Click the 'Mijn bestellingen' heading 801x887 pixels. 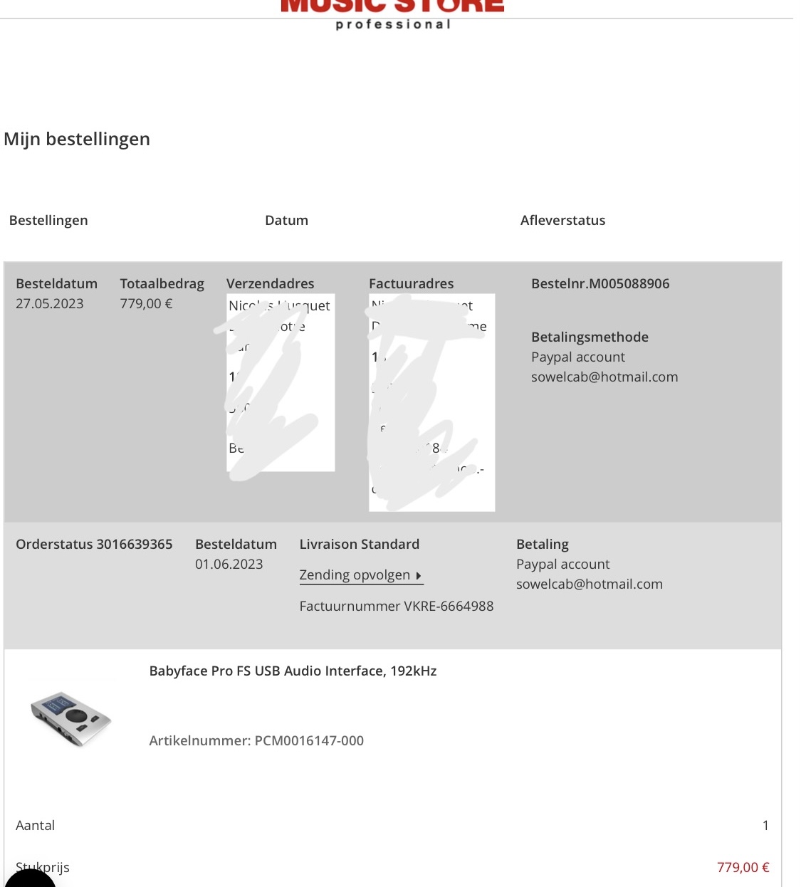[77, 139]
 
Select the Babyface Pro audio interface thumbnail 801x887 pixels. [70, 718]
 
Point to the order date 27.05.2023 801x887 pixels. [50, 304]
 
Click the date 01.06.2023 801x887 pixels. [229, 565]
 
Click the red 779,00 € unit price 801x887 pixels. [743, 868]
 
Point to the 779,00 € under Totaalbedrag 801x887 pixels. [146, 304]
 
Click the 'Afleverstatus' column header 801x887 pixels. [562, 221]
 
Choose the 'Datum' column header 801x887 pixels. [286, 221]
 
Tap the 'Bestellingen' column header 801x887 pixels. [48, 221]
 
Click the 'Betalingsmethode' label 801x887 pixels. [590, 337]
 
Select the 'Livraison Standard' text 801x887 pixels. [359, 545]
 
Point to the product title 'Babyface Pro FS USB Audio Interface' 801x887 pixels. [293, 671]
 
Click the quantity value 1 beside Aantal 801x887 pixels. [765, 826]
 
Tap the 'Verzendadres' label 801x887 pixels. [270, 284]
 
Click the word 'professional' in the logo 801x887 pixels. [393, 25]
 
